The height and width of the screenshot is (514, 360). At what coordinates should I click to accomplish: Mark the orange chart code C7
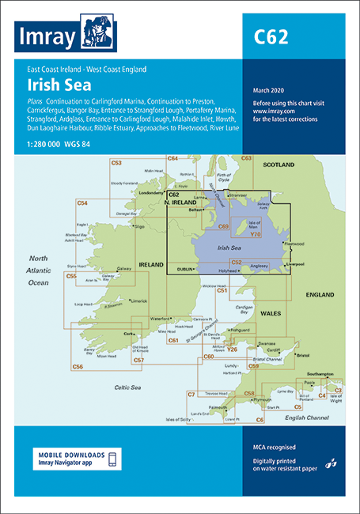pos(191,394)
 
